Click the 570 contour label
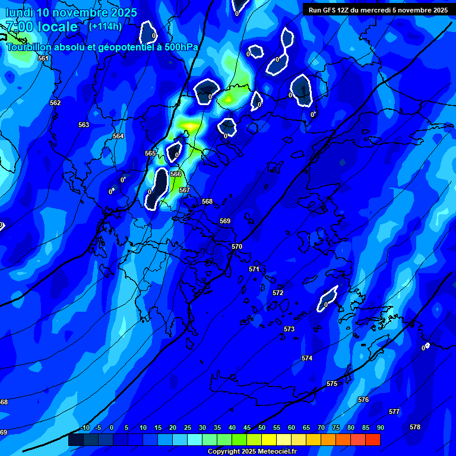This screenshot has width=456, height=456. click(237, 246)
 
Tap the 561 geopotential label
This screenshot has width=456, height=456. click(43, 58)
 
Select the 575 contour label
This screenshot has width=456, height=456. click(332, 384)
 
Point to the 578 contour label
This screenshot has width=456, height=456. click(415, 427)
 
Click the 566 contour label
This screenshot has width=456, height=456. click(176, 174)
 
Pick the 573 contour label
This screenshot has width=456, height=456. click(289, 329)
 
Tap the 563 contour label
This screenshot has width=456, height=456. click(84, 125)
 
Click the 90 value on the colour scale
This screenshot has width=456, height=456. click(380, 427)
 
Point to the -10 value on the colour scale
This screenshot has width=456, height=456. click(84, 427)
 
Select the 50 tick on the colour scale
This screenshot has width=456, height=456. click(262, 427)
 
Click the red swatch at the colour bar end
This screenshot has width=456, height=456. click(372, 439)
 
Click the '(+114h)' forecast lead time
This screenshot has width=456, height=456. click(105, 26)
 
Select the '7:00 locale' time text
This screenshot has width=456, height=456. click(42, 27)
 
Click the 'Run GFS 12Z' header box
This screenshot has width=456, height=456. click(378, 10)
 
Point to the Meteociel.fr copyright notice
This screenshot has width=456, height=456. click(252, 451)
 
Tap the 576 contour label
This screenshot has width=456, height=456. click(363, 400)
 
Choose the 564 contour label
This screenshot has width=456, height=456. click(118, 136)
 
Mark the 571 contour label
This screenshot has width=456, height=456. click(254, 269)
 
